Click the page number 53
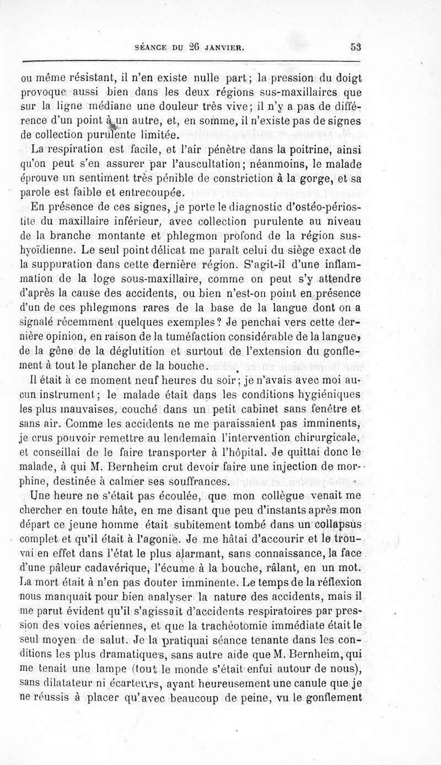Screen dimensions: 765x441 point(355,47)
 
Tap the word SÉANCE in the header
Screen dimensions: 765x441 point(146,48)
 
